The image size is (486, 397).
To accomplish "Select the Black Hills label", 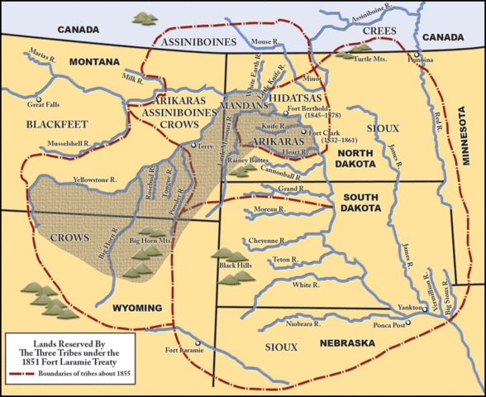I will click(x=234, y=265).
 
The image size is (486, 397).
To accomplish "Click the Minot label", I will click(x=312, y=79).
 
